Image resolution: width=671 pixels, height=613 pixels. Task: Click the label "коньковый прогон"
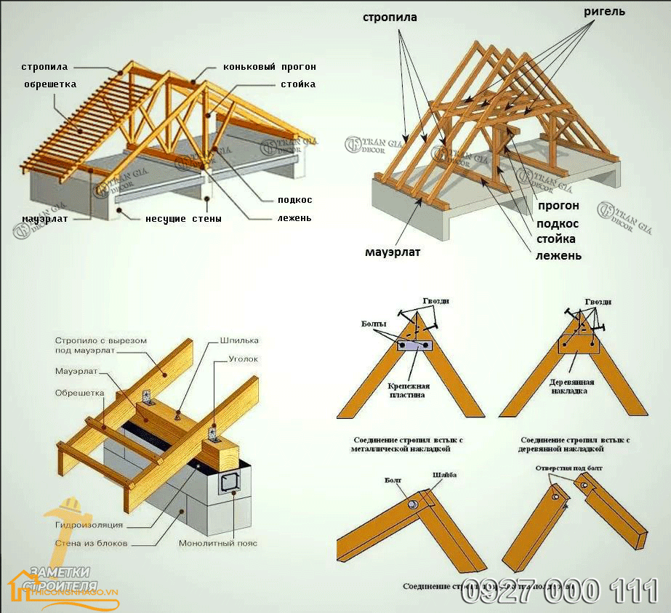(270, 67)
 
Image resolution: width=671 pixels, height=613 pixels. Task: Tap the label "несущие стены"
(183, 218)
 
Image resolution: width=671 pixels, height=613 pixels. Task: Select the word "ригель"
(603, 12)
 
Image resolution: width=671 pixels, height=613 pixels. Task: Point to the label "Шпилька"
(239, 340)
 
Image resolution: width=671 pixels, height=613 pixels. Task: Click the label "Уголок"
(243, 359)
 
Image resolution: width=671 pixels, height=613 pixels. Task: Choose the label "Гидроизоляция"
(89, 524)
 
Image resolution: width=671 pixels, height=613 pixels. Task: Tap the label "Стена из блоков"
(92, 543)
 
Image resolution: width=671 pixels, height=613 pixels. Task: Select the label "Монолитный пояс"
(217, 543)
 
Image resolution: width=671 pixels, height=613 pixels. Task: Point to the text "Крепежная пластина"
(408, 390)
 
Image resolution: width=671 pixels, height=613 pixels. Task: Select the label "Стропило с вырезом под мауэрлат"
(101, 345)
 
